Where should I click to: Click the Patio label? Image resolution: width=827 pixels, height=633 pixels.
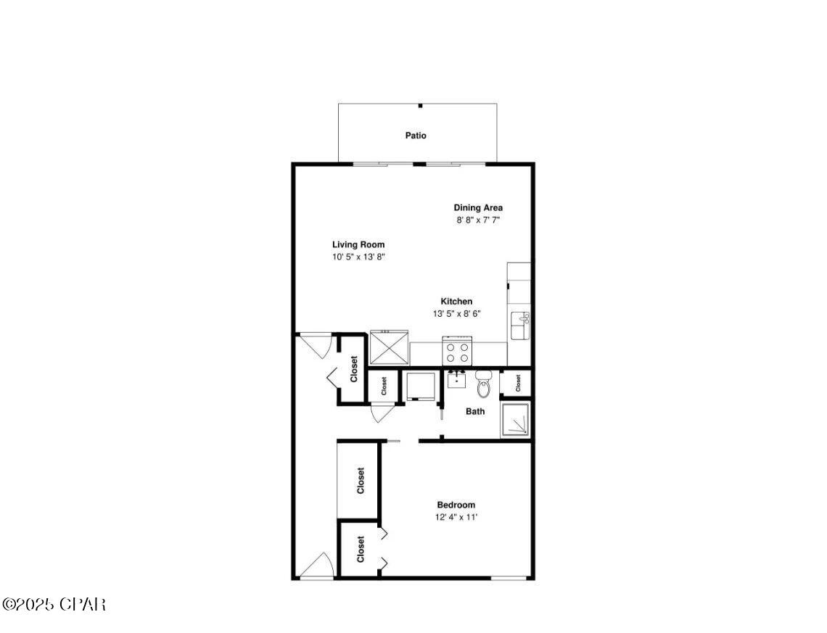pos(416,136)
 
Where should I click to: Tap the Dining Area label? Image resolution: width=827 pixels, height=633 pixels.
pos(478,208)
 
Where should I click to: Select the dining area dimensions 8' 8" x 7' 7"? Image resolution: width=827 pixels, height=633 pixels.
pos(478,220)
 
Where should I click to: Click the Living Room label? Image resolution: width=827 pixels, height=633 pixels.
pos(358,245)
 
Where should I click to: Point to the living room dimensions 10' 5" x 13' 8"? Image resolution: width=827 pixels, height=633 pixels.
pos(358,257)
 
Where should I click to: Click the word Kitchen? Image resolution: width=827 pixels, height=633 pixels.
pos(456,302)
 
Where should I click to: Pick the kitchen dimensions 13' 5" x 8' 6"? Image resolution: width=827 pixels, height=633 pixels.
pos(456,314)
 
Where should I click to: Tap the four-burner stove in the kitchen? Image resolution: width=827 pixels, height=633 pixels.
pos(457,352)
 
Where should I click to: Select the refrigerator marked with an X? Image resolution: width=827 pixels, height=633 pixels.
pos(390,347)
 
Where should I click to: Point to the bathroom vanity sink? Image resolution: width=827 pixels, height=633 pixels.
pos(456,379)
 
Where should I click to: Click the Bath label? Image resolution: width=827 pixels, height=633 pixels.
pos(475,412)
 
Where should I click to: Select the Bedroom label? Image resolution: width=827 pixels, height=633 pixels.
pos(456,505)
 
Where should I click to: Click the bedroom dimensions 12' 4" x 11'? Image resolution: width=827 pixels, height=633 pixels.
pos(456,518)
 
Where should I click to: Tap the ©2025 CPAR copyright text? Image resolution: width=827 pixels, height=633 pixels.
pos(54,604)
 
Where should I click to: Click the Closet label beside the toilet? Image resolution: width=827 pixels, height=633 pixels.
pos(519,384)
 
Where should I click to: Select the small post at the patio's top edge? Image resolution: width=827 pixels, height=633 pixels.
pos(420,105)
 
